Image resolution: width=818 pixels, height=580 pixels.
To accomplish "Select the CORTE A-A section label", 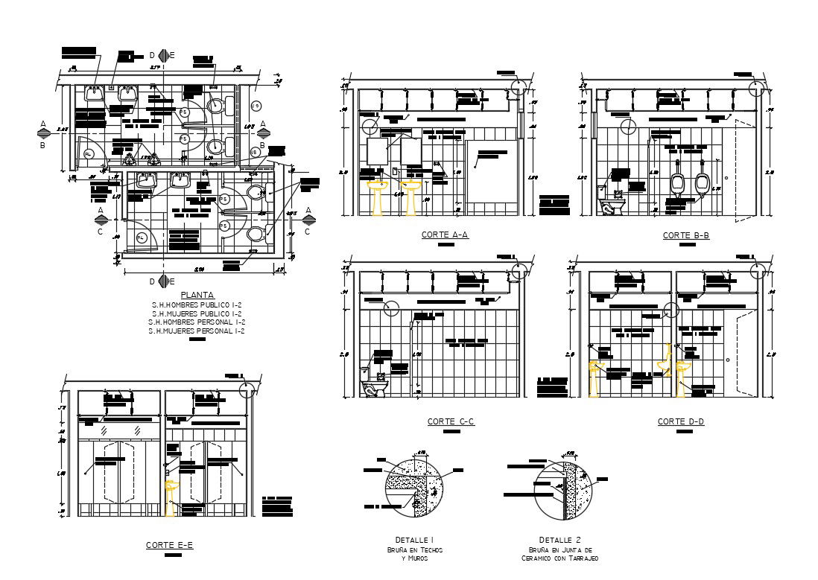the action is pyautogui.click(x=445, y=235).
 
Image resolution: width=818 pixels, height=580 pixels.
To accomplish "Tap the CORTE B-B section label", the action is pyautogui.click(x=686, y=235).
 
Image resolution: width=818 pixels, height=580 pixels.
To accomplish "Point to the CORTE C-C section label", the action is pyautogui.click(x=451, y=421).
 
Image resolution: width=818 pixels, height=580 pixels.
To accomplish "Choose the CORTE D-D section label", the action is pyautogui.click(x=681, y=421).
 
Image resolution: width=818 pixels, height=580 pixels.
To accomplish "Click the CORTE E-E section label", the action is pyautogui.click(x=169, y=545).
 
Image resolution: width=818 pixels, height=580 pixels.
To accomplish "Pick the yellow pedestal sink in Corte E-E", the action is pyautogui.click(x=172, y=497).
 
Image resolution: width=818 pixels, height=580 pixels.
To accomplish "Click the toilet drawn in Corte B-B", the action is pyautogui.click(x=612, y=205).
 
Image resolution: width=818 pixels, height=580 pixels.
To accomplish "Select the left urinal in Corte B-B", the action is pyautogui.click(x=678, y=184).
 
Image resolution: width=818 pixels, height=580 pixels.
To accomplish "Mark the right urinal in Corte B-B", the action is pyautogui.click(x=702, y=184).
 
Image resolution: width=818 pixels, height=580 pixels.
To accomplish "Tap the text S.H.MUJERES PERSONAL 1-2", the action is pyautogui.click(x=197, y=331).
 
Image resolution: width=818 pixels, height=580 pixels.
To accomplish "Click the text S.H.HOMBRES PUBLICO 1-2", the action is pyautogui.click(x=197, y=305).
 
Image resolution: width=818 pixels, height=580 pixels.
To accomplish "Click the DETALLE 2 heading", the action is pyautogui.click(x=559, y=540).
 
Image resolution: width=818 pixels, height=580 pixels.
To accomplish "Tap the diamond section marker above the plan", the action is pyautogui.click(x=162, y=55).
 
